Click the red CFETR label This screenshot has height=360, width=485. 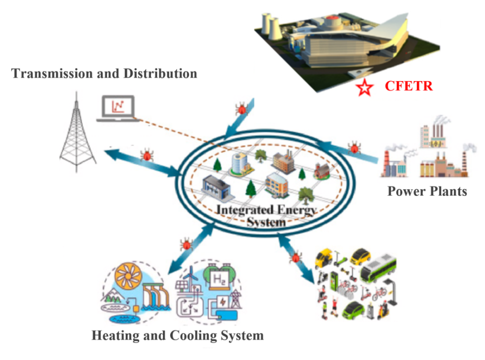[408, 86]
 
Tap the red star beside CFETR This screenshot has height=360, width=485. [364, 88]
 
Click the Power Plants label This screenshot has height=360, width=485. [427, 191]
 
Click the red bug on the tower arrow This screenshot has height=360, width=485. [146, 155]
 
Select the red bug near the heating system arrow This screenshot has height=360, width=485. [186, 244]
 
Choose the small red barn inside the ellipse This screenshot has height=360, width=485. [321, 170]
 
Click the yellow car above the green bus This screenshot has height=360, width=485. [360, 256]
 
